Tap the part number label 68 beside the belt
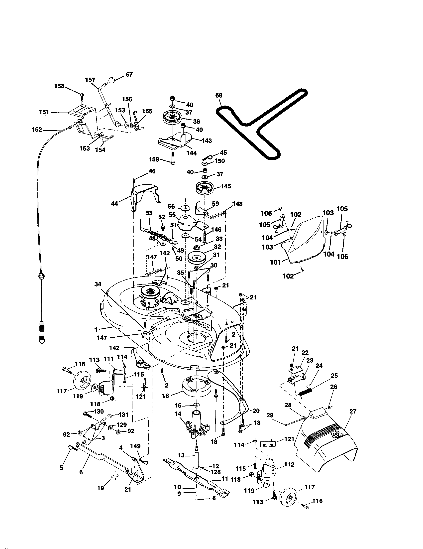coord(219,95)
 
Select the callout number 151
coord(44,112)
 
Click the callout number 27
coord(353,411)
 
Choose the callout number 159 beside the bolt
coord(154,159)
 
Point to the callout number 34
coord(98,284)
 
